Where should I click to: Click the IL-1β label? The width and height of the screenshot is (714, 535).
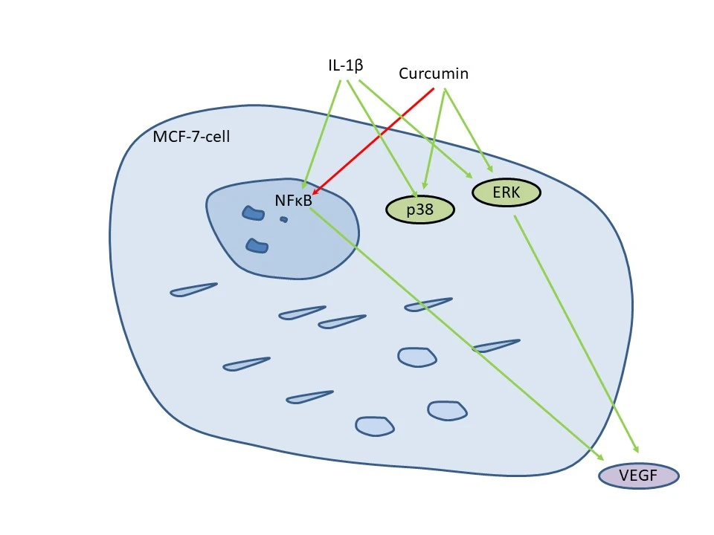pyautogui.click(x=345, y=65)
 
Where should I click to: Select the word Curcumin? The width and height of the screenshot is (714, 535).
pyautogui.click(x=433, y=74)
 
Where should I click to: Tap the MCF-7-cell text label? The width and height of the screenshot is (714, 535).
pyautogui.click(x=191, y=137)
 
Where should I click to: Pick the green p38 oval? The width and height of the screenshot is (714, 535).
pyautogui.click(x=419, y=210)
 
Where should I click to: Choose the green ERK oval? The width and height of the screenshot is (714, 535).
pyautogui.click(x=506, y=193)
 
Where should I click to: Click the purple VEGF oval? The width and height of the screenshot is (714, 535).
pyautogui.click(x=638, y=476)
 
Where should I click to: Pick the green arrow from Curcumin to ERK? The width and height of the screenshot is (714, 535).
pyautogui.click(x=467, y=128)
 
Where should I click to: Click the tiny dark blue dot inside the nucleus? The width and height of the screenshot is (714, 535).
pyautogui.click(x=283, y=219)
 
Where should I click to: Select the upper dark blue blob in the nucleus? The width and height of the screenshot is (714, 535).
pyautogui.click(x=253, y=213)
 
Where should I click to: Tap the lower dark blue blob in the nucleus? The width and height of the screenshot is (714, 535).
pyautogui.click(x=257, y=245)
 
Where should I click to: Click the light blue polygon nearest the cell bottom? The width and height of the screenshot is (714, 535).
pyautogui.click(x=375, y=426)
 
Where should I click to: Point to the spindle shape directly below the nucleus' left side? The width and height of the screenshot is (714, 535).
pyautogui.click(x=193, y=290)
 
